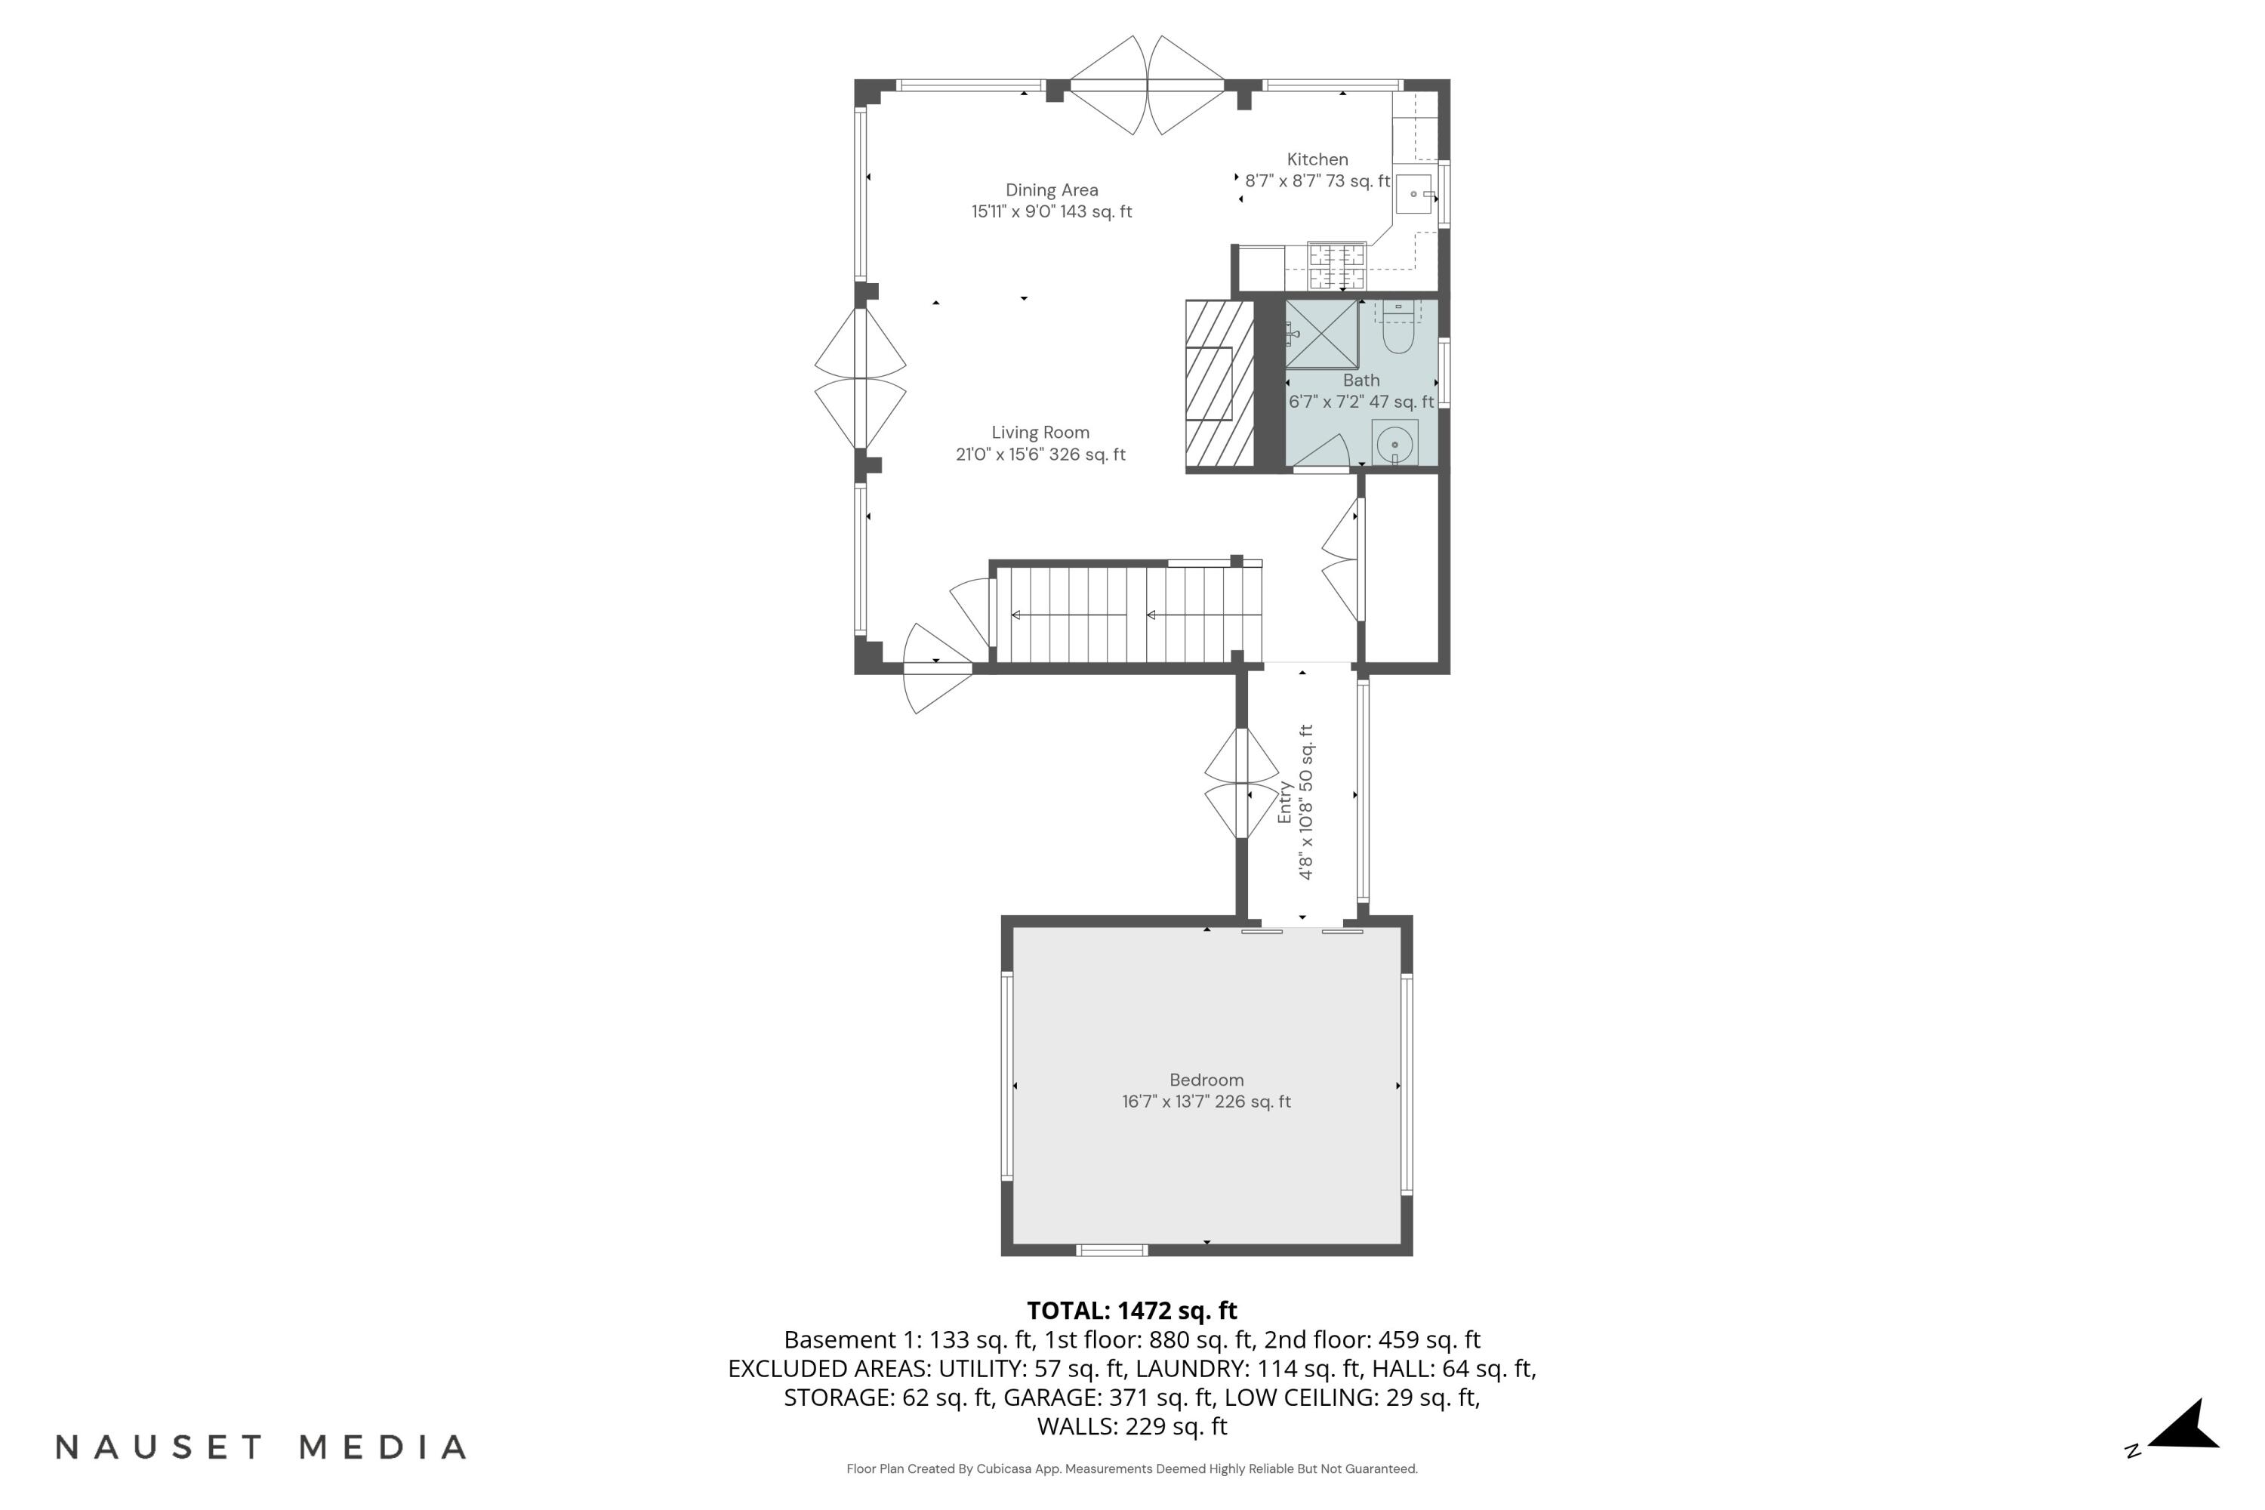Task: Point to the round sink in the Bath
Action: (x=1394, y=445)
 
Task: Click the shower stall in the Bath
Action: (x=1321, y=334)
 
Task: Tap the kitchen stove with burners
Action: (x=1336, y=267)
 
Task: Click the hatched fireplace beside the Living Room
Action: (x=1219, y=385)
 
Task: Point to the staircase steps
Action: (x=1126, y=615)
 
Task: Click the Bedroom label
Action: (x=1206, y=1080)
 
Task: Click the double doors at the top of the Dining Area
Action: (x=1147, y=86)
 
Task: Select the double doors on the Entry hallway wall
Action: (x=1242, y=783)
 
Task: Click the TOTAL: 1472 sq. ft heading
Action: (x=1132, y=1310)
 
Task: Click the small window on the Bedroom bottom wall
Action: (x=1111, y=1250)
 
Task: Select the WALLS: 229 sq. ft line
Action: (x=1132, y=1425)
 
